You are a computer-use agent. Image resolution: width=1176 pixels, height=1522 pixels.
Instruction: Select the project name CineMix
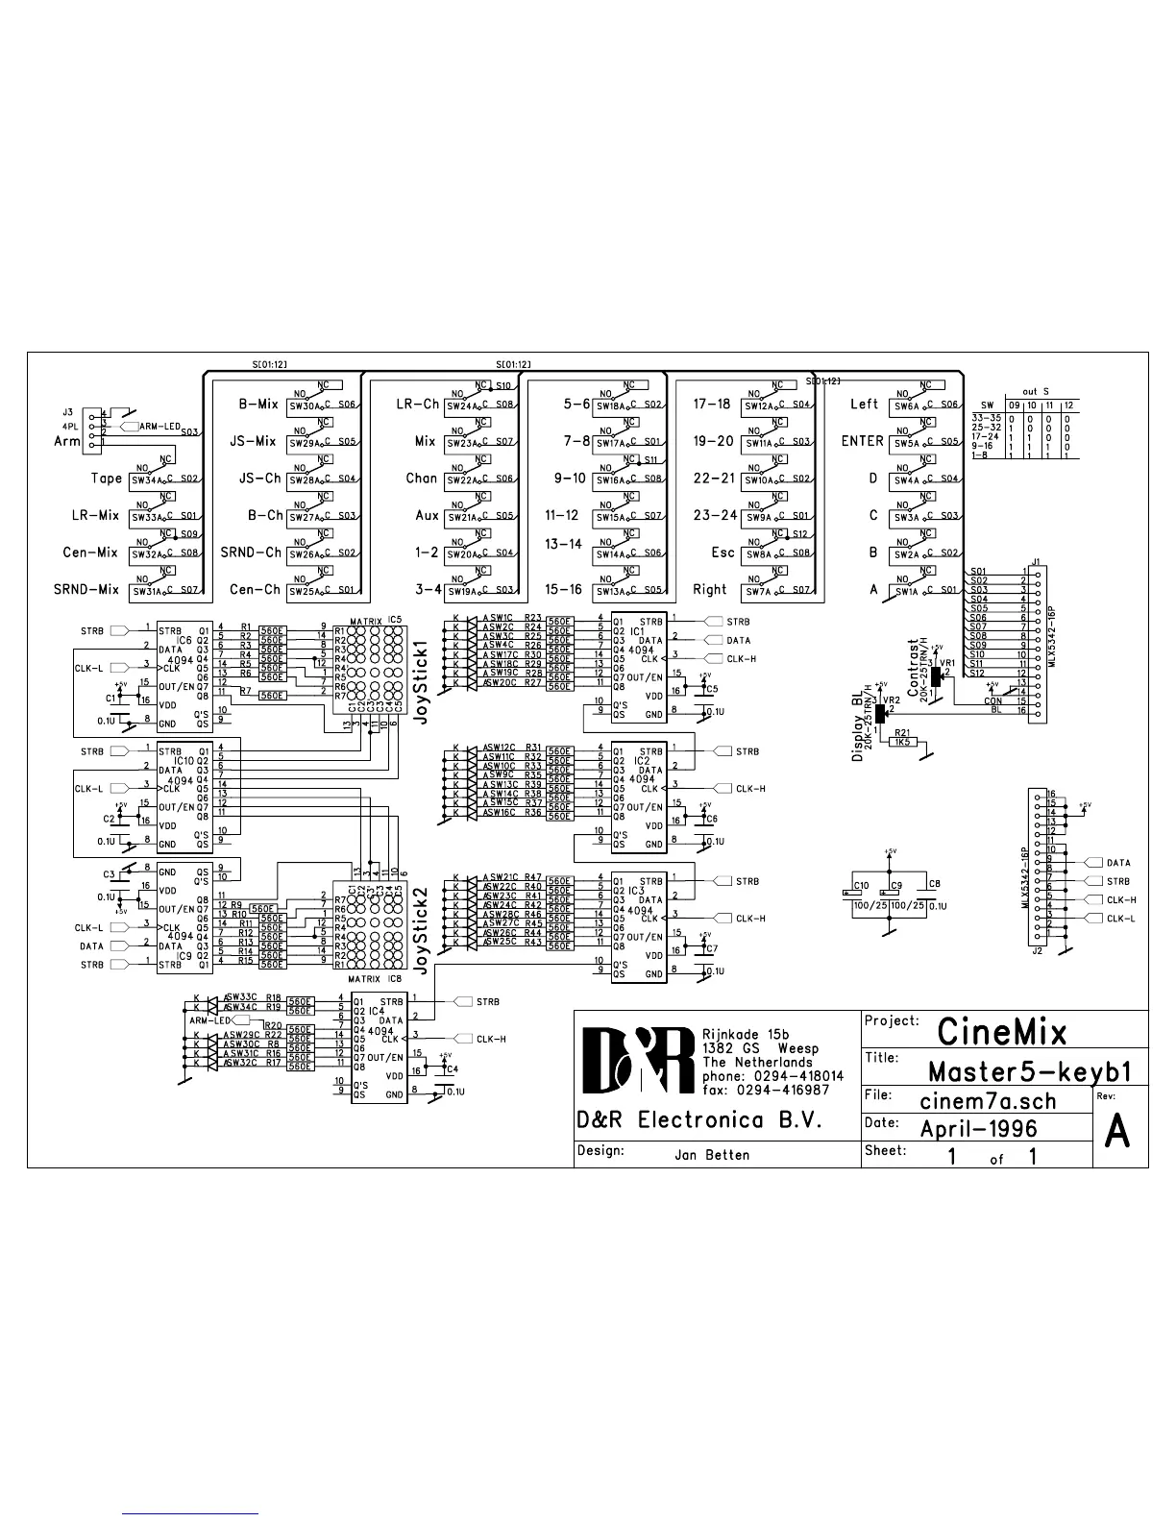pyautogui.click(x=1001, y=1032)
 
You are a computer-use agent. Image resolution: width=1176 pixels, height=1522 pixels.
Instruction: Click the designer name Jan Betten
pyautogui.click(x=712, y=1155)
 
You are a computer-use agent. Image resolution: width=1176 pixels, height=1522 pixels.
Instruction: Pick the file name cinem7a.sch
pyautogui.click(x=988, y=1100)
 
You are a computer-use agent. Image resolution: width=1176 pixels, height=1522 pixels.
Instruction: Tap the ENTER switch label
pyautogui.click(x=862, y=441)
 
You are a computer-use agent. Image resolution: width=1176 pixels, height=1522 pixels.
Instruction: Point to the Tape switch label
pyautogui.click(x=107, y=479)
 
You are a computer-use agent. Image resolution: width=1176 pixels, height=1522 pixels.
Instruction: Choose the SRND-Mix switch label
pyautogui.click(x=86, y=589)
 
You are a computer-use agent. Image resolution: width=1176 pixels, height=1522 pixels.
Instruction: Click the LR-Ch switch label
pyautogui.click(x=417, y=405)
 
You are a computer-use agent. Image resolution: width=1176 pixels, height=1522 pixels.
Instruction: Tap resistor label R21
pyautogui.click(x=902, y=732)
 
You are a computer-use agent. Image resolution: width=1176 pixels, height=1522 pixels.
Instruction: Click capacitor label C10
pyautogui.click(x=861, y=885)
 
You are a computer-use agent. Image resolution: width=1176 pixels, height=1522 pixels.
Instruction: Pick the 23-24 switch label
pyautogui.click(x=715, y=515)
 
